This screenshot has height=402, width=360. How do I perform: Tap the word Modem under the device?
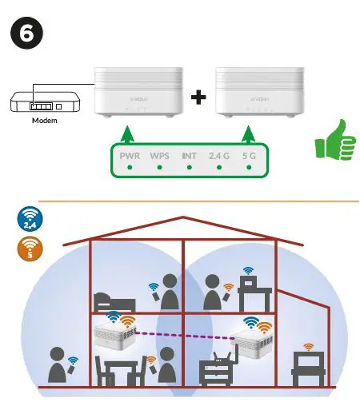[x=44, y=121]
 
